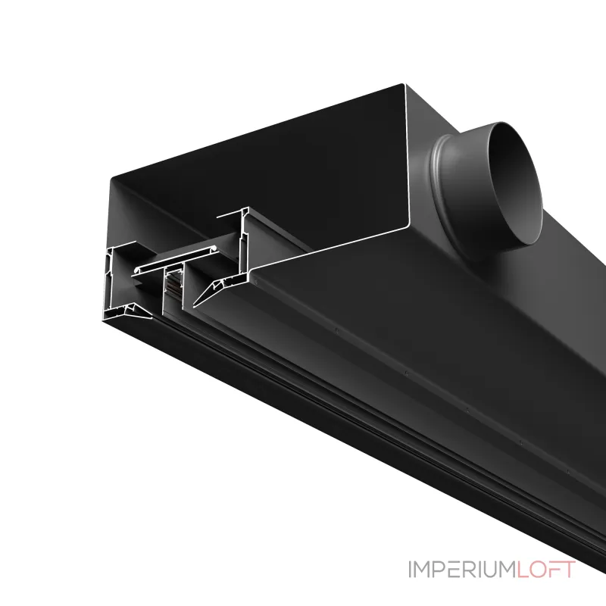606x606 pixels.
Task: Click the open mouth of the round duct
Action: pos(515,183)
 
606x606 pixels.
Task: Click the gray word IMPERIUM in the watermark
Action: pos(462,570)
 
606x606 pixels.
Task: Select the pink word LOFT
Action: pos(545,570)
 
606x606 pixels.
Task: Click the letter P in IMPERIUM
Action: pos(440,570)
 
